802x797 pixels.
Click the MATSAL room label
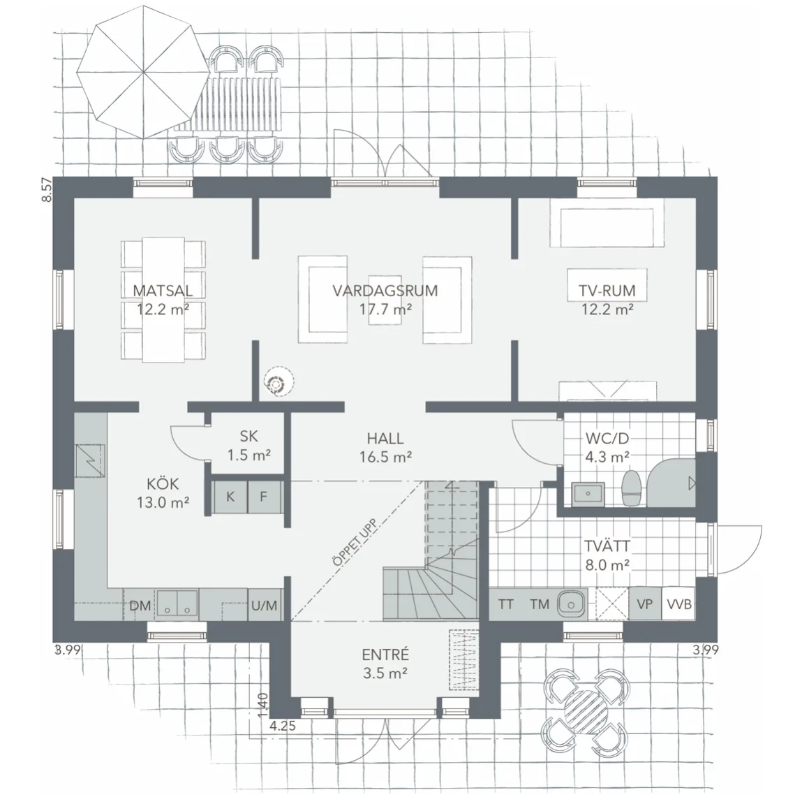163,291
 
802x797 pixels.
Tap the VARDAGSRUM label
385,291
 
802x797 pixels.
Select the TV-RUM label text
607,291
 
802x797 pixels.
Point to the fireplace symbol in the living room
279,382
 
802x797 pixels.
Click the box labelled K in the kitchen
230,496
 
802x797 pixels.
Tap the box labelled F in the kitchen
264,496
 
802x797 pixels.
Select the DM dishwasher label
140,606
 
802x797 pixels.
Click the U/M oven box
265,605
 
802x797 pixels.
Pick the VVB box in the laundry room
678,604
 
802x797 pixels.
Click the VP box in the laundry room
645,604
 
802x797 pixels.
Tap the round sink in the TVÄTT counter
570,604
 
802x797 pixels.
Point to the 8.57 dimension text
47,189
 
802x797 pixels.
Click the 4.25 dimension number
282,725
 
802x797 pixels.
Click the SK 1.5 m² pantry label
249,446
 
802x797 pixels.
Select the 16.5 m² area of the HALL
386,457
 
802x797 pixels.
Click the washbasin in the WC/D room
588,493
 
